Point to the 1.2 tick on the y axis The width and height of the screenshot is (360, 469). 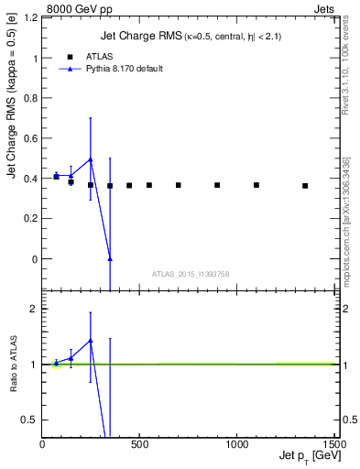(33, 17)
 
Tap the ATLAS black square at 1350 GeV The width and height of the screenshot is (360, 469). (305, 186)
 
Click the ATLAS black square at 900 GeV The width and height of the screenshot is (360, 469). (217, 185)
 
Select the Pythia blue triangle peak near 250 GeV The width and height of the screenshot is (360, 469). (90, 159)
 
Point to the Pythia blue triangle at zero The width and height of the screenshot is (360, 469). (110, 258)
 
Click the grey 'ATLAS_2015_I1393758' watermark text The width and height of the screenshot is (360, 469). (191, 274)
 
